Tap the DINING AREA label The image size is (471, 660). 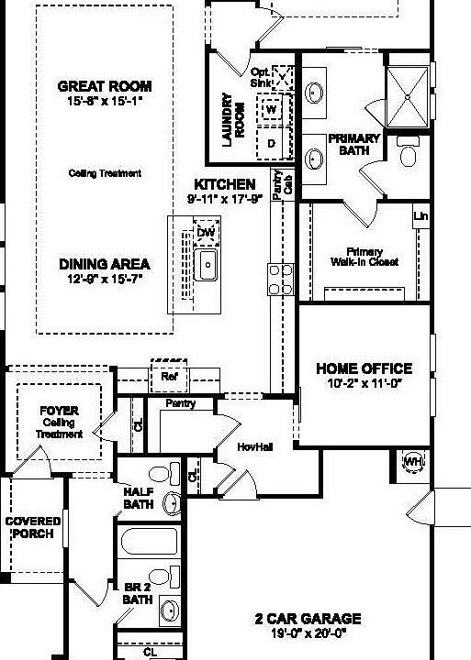(105, 264)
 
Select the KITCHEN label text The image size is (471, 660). (224, 184)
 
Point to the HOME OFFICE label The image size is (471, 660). (364, 368)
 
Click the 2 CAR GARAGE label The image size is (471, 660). (308, 619)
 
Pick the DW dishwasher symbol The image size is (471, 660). (206, 232)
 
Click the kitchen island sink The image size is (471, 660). (207, 267)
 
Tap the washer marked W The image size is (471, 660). (272, 110)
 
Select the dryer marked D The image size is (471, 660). (272, 143)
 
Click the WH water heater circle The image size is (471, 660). (412, 460)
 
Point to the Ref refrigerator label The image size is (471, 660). (169, 377)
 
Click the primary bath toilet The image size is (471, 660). (408, 153)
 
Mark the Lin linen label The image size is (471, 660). (421, 216)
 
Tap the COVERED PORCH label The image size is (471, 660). (33, 527)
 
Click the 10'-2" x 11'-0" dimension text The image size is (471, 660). (364, 385)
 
